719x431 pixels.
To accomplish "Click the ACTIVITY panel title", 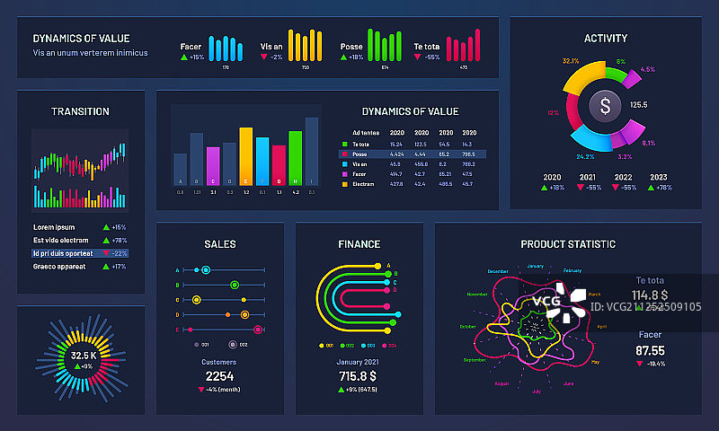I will coord(606,39).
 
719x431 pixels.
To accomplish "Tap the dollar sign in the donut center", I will coord(606,106).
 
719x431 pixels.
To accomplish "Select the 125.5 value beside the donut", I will coord(639,105).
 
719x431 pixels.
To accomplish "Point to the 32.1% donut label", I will coord(570,61).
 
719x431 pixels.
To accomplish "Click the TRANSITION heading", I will coord(80,112).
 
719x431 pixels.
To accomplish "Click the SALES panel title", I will coord(220,244).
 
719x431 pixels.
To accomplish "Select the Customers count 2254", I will coord(219,376).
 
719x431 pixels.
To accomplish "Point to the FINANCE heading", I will coord(359,244).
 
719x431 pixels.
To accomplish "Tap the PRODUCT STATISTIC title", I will coord(568,244).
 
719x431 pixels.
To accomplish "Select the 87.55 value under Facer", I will coord(650,350).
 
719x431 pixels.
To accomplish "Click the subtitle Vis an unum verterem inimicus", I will coord(91,53).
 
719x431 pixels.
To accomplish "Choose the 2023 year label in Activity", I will coord(658,177).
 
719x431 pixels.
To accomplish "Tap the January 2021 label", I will coord(359,362).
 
